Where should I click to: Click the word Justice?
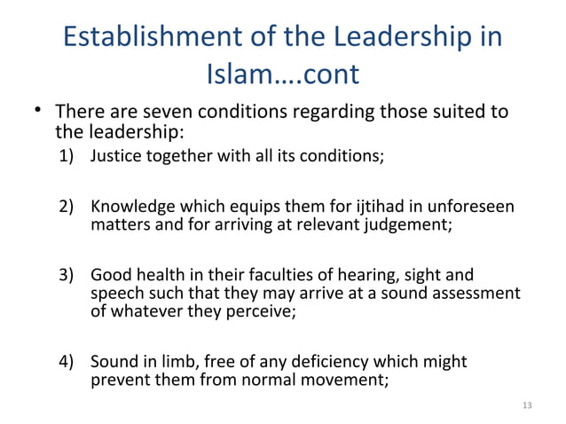[116, 159]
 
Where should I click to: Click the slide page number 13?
[529, 406]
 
